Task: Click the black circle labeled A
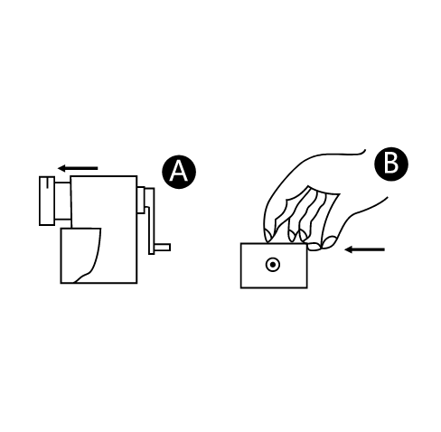point(179,172)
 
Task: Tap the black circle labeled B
point(391,164)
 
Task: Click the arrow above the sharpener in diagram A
point(78,168)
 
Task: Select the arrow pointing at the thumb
point(365,249)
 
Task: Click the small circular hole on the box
point(273,265)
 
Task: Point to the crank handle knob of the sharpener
point(163,248)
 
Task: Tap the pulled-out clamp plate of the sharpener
point(47,201)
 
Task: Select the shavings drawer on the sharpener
point(80,256)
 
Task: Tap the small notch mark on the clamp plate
point(47,183)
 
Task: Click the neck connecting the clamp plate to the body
point(62,201)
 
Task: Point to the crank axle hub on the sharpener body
point(141,201)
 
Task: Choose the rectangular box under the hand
point(274,266)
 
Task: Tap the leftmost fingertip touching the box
point(268,235)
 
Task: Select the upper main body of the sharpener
point(104,202)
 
